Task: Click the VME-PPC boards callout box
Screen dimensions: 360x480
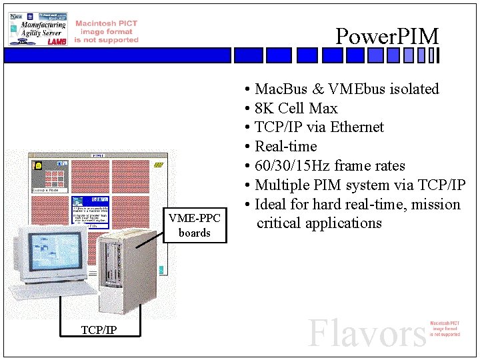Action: point(194,225)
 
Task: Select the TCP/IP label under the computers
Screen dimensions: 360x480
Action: point(99,329)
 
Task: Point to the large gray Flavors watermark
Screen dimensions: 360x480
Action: point(367,333)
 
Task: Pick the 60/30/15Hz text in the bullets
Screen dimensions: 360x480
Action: point(293,166)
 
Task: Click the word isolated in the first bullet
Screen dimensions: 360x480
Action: point(414,89)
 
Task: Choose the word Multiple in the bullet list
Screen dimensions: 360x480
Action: point(282,185)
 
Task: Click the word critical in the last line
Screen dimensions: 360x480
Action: point(279,223)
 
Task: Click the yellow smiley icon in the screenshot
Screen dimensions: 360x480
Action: point(39,165)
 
